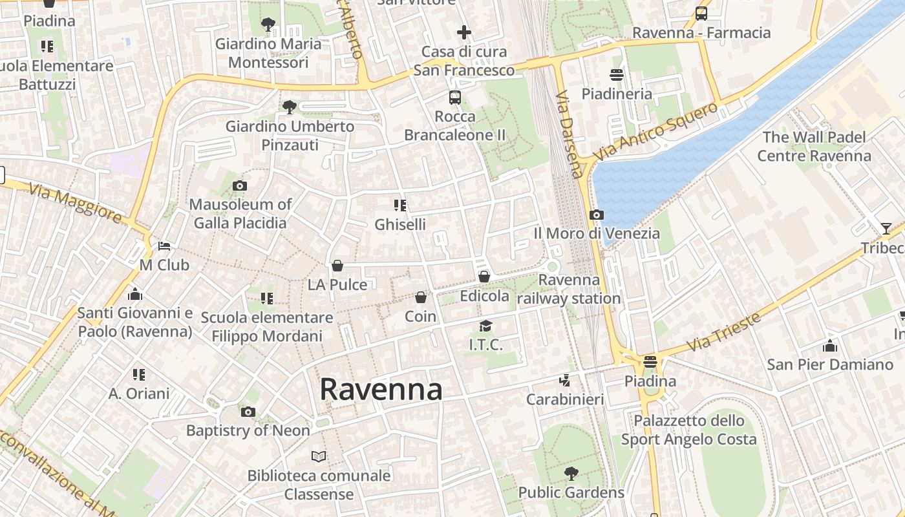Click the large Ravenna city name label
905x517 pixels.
(381, 390)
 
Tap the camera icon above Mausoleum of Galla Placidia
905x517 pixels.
(240, 186)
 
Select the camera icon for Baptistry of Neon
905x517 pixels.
(248, 412)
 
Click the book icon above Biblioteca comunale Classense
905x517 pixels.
(319, 457)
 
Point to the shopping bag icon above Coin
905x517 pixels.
(421, 298)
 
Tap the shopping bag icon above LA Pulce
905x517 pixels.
(337, 266)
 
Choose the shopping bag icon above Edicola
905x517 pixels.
(484, 277)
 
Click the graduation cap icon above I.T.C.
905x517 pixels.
(485, 326)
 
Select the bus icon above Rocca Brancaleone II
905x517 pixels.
(455, 98)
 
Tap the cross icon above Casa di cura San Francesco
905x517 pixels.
(464, 32)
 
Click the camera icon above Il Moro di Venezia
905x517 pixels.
(597, 215)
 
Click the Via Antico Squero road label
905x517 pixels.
(656, 132)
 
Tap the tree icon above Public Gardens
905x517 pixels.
(571, 474)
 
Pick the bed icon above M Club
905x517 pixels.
(164, 246)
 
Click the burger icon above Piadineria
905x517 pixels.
(617, 75)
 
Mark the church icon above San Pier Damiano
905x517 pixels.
(830, 346)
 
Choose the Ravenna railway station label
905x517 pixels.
(569, 289)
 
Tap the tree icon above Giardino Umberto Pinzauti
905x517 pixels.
(290, 107)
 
